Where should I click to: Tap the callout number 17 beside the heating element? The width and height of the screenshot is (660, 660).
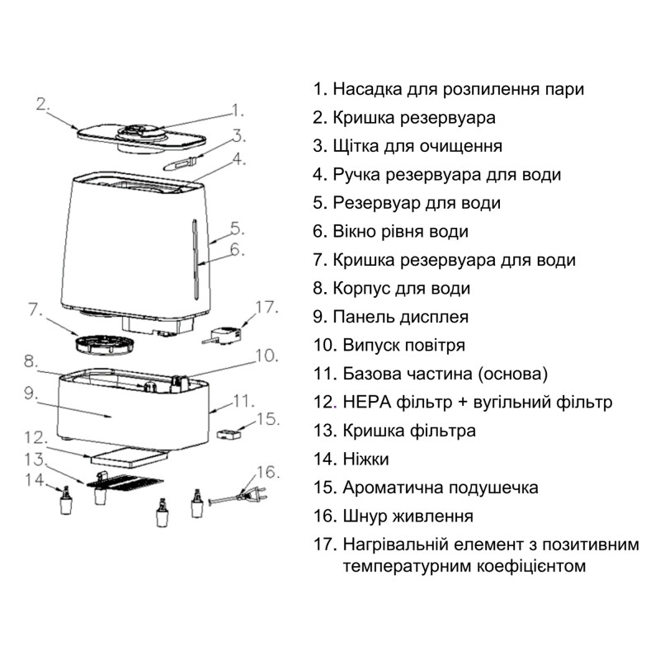coord(267,308)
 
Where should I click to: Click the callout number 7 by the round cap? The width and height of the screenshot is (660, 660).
coord(35,311)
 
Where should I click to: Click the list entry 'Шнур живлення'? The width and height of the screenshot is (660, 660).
coord(403,516)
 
